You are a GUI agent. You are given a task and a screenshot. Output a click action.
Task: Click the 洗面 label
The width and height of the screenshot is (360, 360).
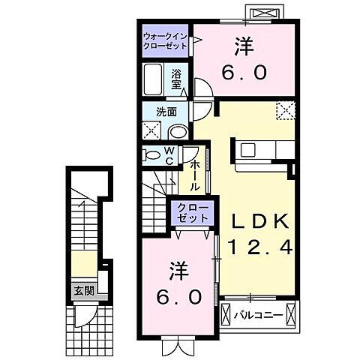pos(166,112)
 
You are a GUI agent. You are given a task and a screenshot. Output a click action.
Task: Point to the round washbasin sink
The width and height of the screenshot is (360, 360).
pos(179,130)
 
